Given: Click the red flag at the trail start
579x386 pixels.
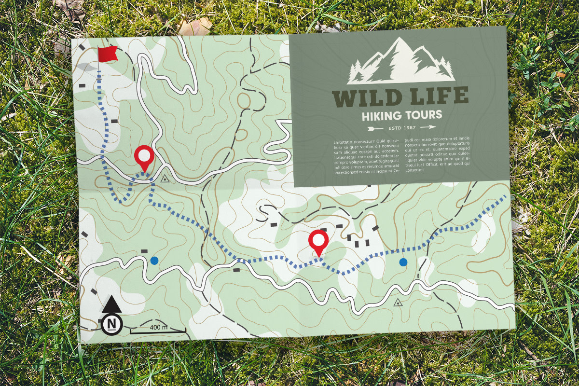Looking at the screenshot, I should coord(107,54).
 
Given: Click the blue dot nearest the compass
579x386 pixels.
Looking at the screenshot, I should coord(154,261).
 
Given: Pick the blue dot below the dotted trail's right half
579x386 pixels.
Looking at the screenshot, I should coord(403,262).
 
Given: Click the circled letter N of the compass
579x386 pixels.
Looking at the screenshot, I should coord(112,323).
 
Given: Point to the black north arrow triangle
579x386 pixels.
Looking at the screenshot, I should coord(112,304).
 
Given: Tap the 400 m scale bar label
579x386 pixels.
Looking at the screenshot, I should coord(158,327).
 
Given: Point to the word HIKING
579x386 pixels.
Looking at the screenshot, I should coord(382,116).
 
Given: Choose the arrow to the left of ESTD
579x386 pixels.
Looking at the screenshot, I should coord(375,128).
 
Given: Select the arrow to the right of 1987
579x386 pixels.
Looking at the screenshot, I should coord(427,127).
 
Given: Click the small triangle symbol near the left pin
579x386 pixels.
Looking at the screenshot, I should coord(165,179).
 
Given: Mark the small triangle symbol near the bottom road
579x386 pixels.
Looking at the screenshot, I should coord(398,303).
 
